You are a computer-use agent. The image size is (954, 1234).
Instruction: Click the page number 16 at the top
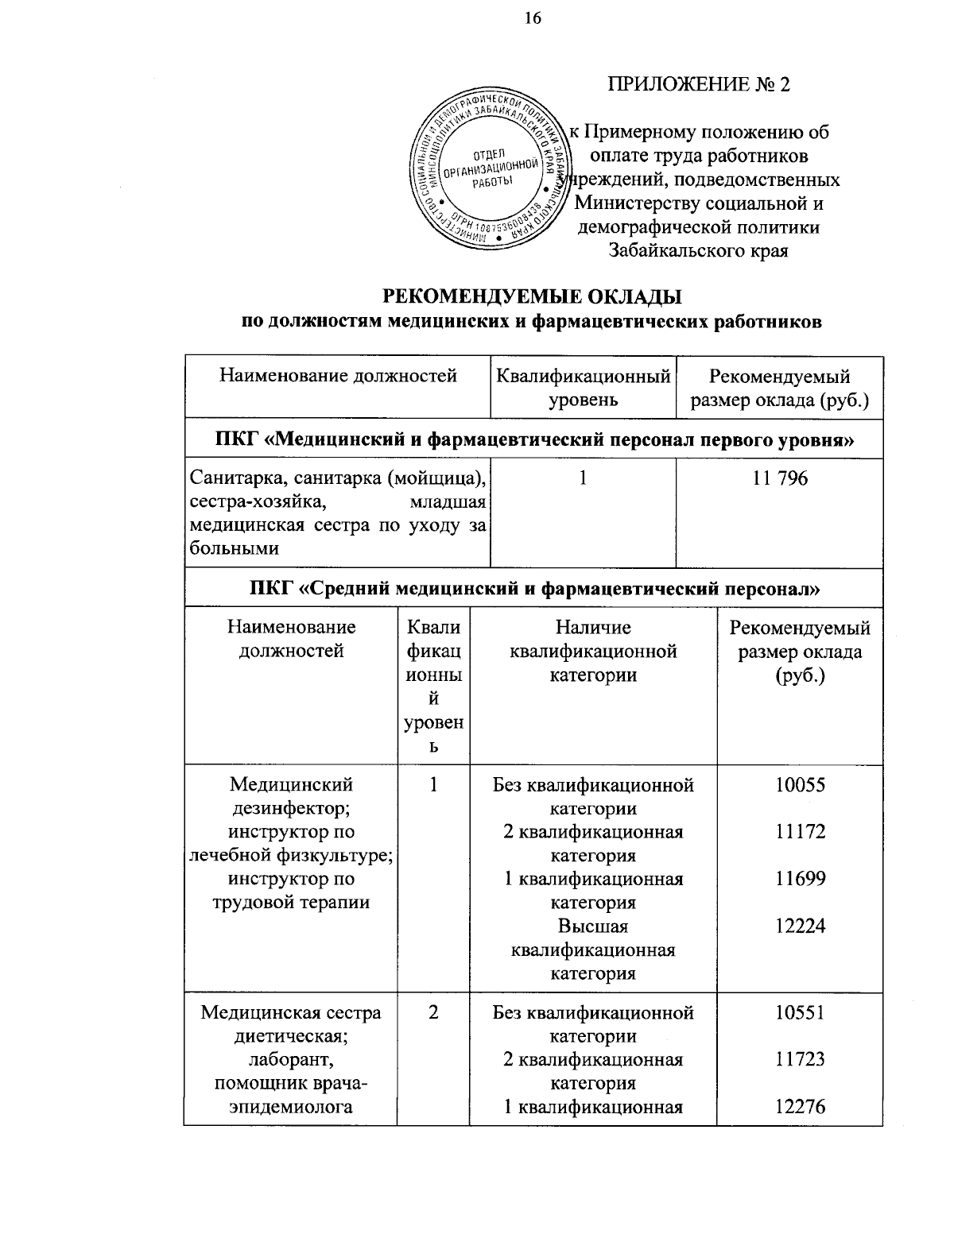coord(532,18)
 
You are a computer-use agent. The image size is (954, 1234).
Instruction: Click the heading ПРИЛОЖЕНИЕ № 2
coord(699,85)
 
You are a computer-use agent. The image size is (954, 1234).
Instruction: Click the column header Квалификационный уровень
coord(583,388)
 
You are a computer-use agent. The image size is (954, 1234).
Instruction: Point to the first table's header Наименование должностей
coord(338,376)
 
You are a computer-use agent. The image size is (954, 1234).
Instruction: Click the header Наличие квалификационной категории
coord(593,652)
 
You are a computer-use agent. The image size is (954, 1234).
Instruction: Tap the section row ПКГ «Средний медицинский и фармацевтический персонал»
coord(533,589)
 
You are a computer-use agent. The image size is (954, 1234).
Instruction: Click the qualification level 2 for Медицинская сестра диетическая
coord(433,1013)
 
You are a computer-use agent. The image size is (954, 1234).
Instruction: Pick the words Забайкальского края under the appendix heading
coord(698,251)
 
